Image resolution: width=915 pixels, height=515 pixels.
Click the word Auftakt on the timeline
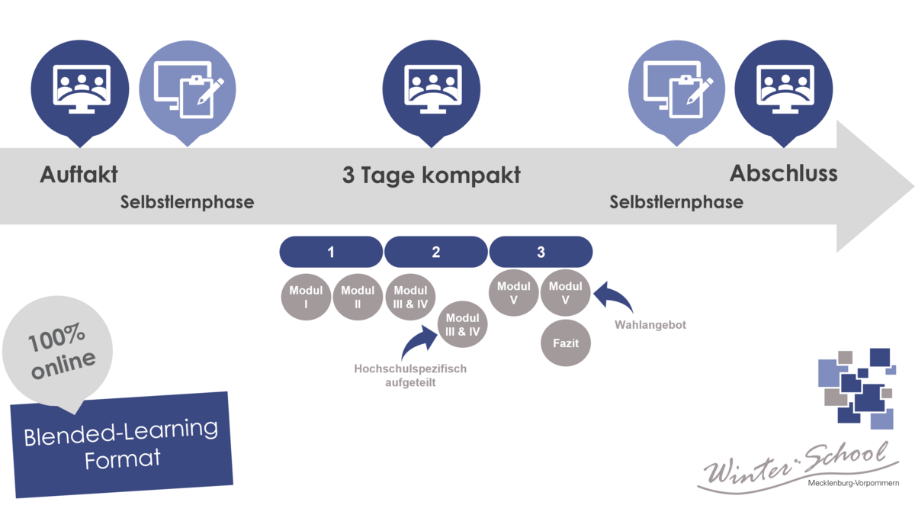click(x=79, y=174)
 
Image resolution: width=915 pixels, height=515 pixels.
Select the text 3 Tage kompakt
click(x=431, y=175)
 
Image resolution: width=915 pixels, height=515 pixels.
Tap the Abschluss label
click(x=783, y=173)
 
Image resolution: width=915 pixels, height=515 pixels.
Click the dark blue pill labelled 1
click(x=331, y=252)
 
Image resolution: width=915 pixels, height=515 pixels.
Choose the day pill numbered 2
click(x=435, y=252)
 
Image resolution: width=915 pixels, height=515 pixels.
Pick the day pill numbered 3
click(x=541, y=252)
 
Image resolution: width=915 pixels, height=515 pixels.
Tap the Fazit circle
click(x=565, y=343)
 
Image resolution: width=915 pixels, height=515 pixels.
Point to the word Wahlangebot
click(x=650, y=325)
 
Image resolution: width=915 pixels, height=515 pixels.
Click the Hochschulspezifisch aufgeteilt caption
click(x=410, y=375)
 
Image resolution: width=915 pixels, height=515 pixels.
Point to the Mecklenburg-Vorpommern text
click(x=853, y=484)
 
